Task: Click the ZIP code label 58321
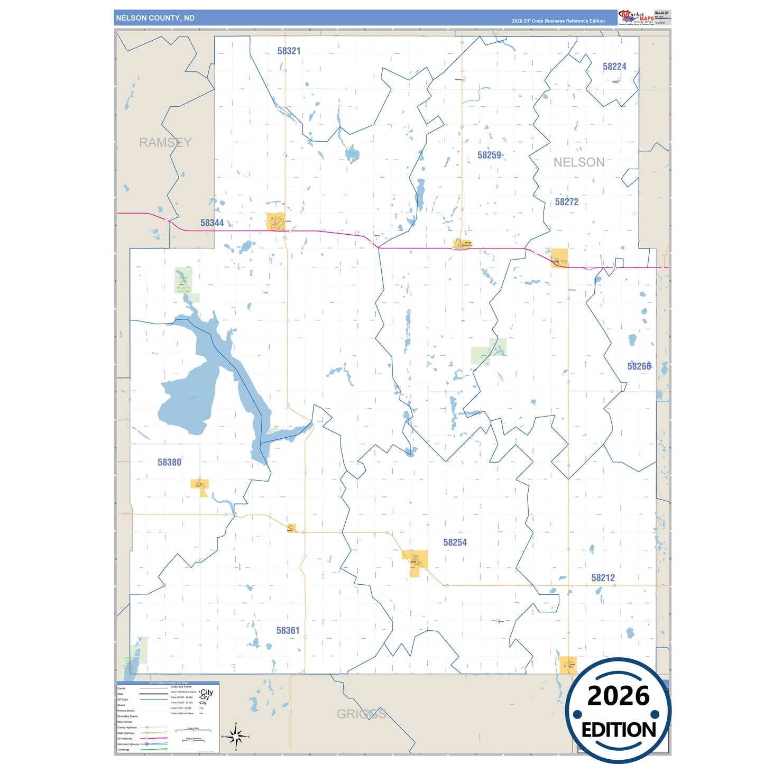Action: tap(289, 51)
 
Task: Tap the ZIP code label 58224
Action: tap(614, 67)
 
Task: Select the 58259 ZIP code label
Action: tap(489, 155)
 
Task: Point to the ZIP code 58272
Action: tap(567, 202)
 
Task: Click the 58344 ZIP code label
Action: tap(212, 223)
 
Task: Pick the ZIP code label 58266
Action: tap(639, 366)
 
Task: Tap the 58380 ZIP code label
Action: tap(169, 463)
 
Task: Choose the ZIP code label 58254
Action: tap(455, 542)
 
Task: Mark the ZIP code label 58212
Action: tap(603, 578)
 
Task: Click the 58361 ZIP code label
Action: tap(288, 631)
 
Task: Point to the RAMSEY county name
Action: tap(165, 143)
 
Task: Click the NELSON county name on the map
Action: tap(579, 163)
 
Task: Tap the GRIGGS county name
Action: tap(361, 714)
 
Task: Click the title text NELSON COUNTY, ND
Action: tap(155, 18)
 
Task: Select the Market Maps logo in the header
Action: tap(636, 17)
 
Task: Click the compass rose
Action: tap(236, 736)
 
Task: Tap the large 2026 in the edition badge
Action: tap(618, 696)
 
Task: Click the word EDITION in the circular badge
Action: tap(619, 730)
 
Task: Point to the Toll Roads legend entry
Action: tap(123, 750)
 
